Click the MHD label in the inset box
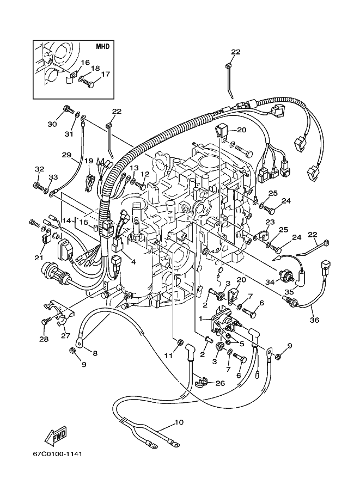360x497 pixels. click(x=102, y=47)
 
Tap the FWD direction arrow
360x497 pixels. click(x=56, y=434)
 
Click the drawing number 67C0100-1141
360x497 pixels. click(x=57, y=454)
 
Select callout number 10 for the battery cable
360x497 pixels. click(x=179, y=422)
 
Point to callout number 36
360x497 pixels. click(x=314, y=320)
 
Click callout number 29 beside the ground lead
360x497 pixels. click(x=66, y=155)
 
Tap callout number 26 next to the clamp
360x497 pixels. click(x=220, y=383)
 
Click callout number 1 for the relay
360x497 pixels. click(x=200, y=318)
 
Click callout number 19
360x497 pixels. click(x=88, y=161)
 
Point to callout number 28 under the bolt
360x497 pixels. click(x=44, y=339)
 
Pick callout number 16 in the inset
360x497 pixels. click(x=86, y=63)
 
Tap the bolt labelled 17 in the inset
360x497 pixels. click(x=88, y=84)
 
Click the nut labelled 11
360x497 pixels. click(x=179, y=342)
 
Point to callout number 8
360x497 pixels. click(x=95, y=353)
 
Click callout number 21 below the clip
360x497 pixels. click(x=39, y=258)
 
